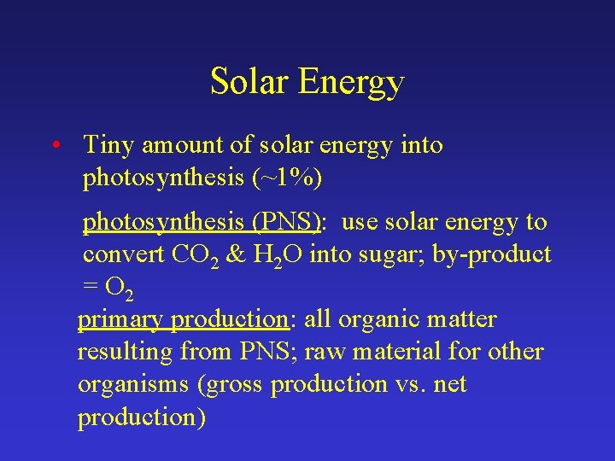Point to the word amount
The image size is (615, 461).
[x=181, y=146]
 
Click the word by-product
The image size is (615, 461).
[x=503, y=254]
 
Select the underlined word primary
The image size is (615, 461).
[x=121, y=320]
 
